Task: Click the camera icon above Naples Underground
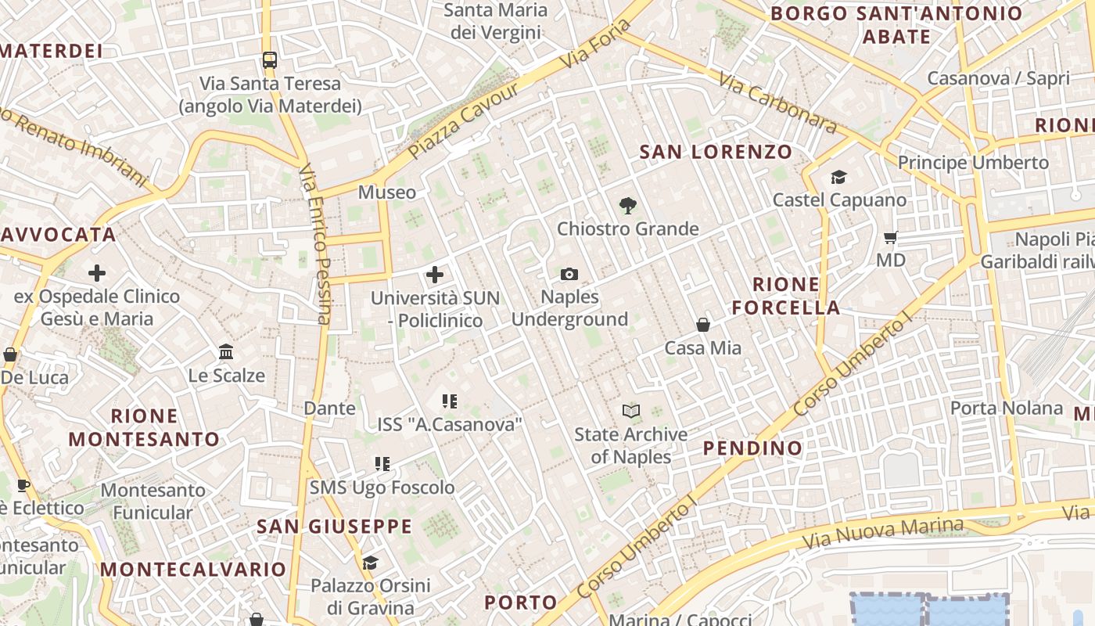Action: click(569, 274)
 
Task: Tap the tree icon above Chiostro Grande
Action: click(627, 206)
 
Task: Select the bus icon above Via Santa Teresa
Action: click(270, 60)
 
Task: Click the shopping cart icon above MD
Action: click(890, 237)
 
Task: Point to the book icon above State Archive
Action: click(631, 411)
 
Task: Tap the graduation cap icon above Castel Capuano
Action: click(839, 178)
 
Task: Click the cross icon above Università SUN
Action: click(435, 275)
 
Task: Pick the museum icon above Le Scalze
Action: click(227, 352)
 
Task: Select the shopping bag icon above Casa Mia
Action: click(703, 325)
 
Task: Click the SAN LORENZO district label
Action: click(716, 152)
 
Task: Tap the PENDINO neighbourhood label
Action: click(752, 448)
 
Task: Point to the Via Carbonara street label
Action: click(777, 103)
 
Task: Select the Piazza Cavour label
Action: click(463, 121)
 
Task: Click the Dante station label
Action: click(329, 408)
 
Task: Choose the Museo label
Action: click(387, 192)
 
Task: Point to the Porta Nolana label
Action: click(1007, 408)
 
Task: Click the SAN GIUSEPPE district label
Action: click(334, 527)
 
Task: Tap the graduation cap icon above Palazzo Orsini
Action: click(370, 563)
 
